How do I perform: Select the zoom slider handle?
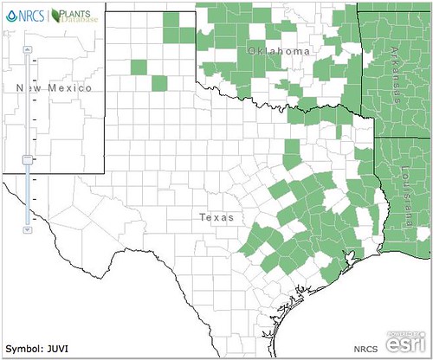point(28,159)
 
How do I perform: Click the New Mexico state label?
point(54,87)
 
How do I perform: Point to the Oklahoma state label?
point(278,53)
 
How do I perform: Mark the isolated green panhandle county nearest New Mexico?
point(139,67)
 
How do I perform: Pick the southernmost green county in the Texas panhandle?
point(158,82)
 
